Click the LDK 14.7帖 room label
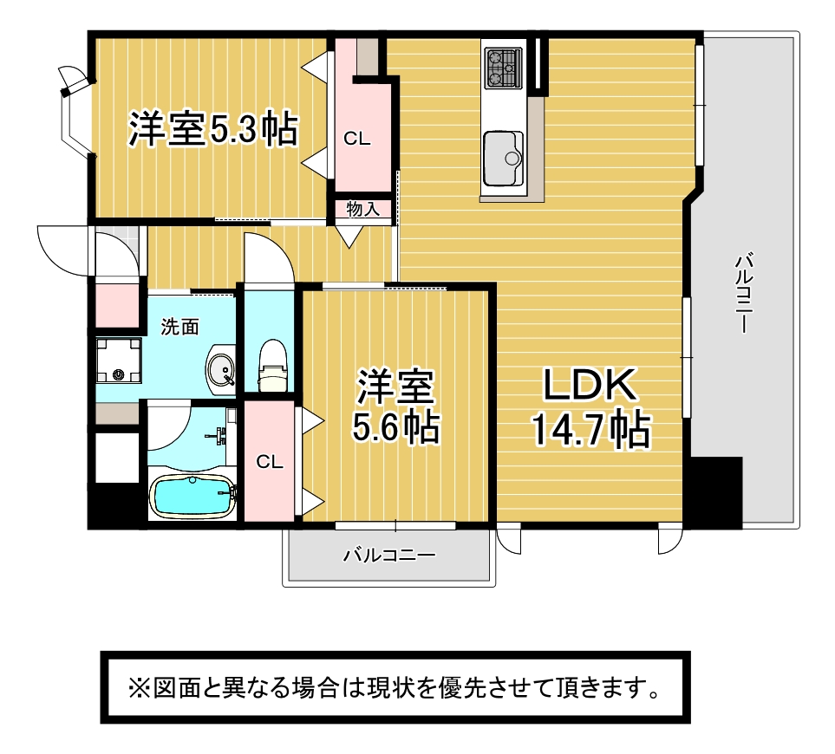click(x=590, y=407)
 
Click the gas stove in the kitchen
click(x=503, y=68)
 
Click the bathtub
click(x=192, y=497)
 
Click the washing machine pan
click(x=118, y=361)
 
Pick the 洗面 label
click(x=180, y=327)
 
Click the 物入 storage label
click(x=363, y=209)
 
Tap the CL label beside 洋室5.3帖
click(x=356, y=139)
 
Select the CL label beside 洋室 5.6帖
click(x=270, y=462)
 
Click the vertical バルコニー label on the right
click(x=743, y=294)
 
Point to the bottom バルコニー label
click(x=389, y=556)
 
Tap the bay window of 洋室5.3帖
click(x=75, y=112)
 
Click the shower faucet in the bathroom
click(x=219, y=436)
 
